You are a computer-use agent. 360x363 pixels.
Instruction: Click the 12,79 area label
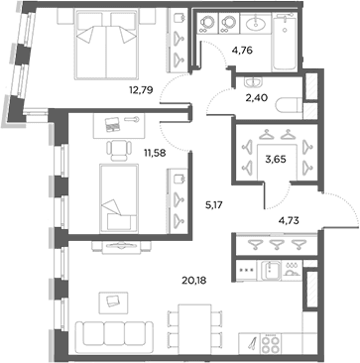141,90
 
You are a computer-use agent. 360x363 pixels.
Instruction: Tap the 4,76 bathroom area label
242,51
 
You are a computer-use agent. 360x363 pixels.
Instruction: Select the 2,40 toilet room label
256,97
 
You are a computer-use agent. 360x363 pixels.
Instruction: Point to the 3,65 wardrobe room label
276,160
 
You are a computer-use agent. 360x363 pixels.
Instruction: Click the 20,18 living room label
194,281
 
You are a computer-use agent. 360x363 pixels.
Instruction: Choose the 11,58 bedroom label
155,153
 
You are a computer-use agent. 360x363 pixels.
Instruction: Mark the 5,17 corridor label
215,205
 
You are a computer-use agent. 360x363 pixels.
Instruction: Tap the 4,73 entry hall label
289,220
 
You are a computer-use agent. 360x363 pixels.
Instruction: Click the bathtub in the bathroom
285,42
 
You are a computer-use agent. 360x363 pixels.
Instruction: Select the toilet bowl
288,105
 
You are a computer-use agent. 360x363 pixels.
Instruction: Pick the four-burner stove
271,344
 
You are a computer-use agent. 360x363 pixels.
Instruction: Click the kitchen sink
271,271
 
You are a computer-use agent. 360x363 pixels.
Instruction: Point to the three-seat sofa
114,334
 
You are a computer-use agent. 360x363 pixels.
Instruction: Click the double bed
106,45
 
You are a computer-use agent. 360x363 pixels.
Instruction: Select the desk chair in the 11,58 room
118,151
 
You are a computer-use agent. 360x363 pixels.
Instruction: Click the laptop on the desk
112,124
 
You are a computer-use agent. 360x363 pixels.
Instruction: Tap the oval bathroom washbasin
256,23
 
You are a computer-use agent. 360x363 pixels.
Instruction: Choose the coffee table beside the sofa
113,302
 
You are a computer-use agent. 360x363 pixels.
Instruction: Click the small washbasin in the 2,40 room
253,82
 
